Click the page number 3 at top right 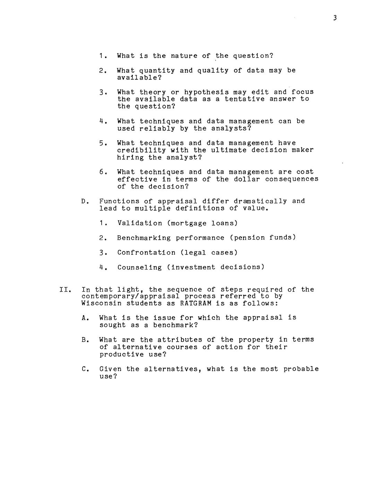335,18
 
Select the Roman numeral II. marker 65,290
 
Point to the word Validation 140,223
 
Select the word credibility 141,150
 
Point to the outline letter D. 84,201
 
